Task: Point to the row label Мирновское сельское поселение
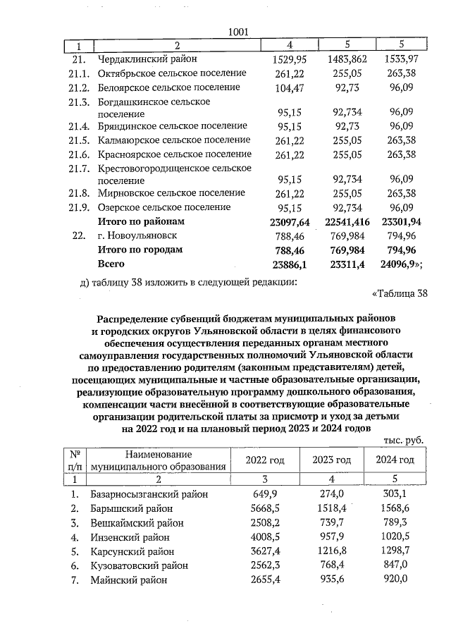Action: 168,193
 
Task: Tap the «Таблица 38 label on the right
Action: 398,293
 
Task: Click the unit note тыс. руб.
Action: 403,439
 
